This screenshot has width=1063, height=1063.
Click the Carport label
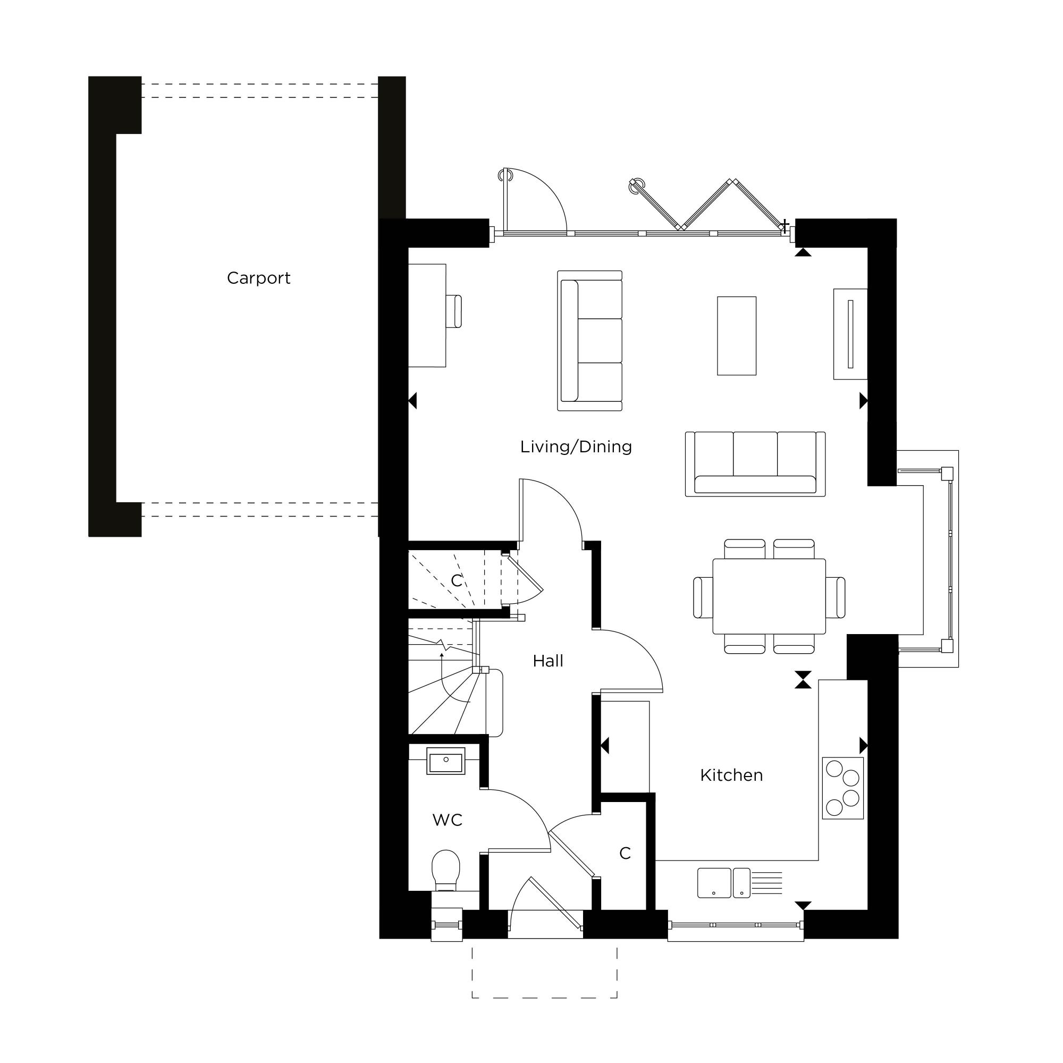coord(259,279)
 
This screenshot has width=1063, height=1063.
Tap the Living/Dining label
coord(576,447)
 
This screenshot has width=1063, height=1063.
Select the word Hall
coord(548,661)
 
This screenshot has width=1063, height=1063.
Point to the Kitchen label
coord(731,775)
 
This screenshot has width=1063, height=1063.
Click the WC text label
coord(448,820)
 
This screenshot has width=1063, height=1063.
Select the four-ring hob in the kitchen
coord(843,788)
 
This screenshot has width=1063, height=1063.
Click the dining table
coord(769,596)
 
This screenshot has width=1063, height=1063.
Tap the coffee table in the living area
coord(737,335)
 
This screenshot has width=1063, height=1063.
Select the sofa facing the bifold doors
coord(590,341)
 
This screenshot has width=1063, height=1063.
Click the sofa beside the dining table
coord(755,464)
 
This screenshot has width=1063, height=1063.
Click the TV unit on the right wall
coord(850,334)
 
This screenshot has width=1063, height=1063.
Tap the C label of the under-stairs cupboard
coord(457,580)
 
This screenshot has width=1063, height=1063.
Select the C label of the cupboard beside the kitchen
coord(625,854)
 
